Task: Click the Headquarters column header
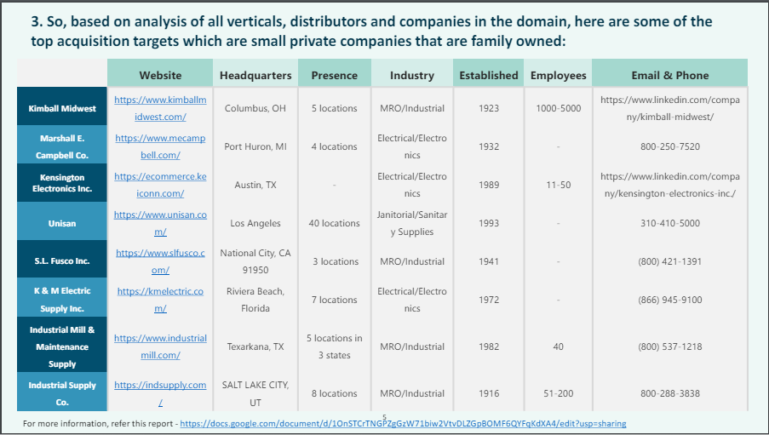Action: [255, 75]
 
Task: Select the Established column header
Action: [489, 75]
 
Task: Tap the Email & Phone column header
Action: [669, 75]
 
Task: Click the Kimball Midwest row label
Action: [62, 108]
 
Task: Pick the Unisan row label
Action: [62, 223]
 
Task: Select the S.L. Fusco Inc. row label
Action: [62, 261]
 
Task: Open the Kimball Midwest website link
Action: [160, 108]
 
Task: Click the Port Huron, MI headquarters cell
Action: [255, 146]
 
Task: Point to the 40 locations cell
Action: [335, 223]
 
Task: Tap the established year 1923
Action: [489, 108]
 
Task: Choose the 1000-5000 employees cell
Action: [559, 108]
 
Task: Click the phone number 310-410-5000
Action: [669, 223]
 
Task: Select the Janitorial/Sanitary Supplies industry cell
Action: [412, 223]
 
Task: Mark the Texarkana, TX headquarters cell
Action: [255, 346]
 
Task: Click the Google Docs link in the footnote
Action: [404, 423]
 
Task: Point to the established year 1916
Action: [489, 393]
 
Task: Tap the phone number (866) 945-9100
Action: [669, 300]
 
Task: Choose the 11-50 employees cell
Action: [559, 185]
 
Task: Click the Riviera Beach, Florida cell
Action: [255, 300]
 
